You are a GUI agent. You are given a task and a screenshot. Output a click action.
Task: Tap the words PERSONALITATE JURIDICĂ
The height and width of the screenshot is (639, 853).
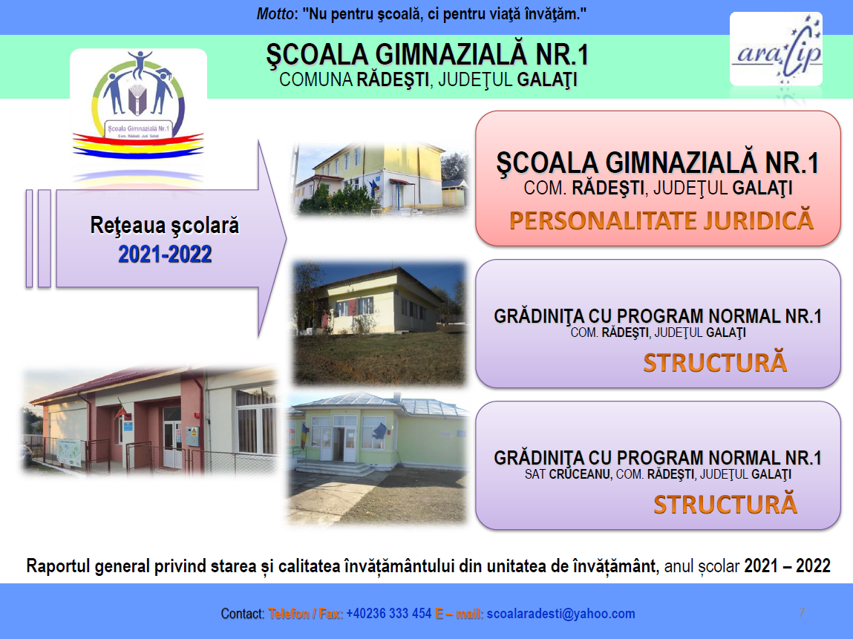[661, 220]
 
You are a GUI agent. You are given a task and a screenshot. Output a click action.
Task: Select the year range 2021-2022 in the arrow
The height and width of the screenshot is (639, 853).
[165, 255]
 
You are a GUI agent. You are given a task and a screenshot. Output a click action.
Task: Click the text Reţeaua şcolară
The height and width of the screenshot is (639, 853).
[165, 226]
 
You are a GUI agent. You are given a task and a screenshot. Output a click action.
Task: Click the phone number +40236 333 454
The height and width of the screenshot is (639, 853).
[389, 614]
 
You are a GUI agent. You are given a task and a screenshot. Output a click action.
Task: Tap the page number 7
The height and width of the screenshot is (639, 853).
[802, 612]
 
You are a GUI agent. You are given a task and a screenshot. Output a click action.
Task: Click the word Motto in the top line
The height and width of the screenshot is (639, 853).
[272, 14]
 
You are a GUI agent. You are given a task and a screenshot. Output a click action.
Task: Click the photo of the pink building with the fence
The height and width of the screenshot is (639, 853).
[148, 421]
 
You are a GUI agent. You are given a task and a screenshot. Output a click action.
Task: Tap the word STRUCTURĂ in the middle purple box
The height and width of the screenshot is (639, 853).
[714, 363]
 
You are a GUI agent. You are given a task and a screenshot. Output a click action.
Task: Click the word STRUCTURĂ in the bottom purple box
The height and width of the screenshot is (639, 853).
[725, 504]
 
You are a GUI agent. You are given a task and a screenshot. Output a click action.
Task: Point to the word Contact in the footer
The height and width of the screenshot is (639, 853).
[242, 614]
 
